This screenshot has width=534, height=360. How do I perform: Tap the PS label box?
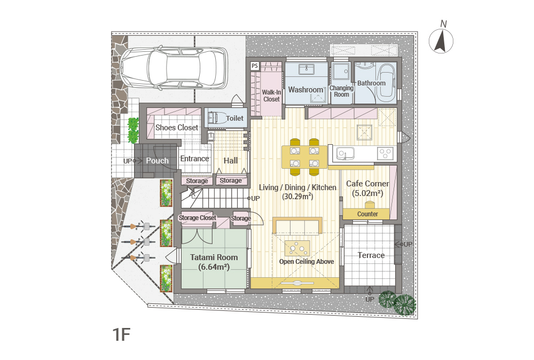[x=255, y=66]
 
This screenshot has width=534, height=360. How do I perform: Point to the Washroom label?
[x=305, y=90]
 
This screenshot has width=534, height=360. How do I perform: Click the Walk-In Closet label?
[x=271, y=96]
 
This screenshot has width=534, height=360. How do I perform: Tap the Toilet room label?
[x=234, y=118]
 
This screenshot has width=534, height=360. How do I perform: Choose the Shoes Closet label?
[x=177, y=127]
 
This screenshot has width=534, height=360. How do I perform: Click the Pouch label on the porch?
[x=158, y=160]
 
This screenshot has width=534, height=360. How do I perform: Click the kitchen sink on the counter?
[x=344, y=153]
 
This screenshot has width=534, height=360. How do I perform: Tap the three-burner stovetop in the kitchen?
[x=386, y=153]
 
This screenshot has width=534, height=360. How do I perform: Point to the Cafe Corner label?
[x=367, y=184]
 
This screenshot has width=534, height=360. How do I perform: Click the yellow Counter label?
[x=367, y=214]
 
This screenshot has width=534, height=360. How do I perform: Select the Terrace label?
[x=371, y=255]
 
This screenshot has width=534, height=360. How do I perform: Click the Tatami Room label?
[x=214, y=257]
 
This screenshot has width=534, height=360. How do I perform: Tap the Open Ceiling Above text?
[x=307, y=262]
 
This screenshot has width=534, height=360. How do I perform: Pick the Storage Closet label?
[x=198, y=217]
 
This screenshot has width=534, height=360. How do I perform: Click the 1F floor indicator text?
[x=122, y=334]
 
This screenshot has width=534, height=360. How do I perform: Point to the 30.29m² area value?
[x=297, y=196]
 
